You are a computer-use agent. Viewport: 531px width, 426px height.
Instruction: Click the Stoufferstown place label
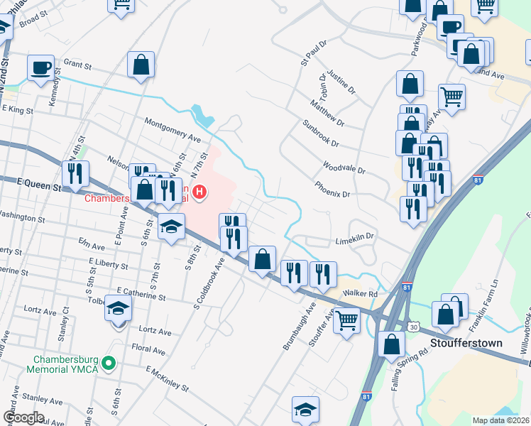466,343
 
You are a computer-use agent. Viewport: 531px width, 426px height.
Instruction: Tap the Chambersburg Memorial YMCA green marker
108,364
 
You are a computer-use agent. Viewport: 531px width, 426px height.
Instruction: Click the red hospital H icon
201,192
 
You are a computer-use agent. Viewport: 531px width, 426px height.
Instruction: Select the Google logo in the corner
23,417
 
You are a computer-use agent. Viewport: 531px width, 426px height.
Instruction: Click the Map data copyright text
500,420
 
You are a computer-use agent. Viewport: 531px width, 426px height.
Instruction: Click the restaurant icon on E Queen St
75,174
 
